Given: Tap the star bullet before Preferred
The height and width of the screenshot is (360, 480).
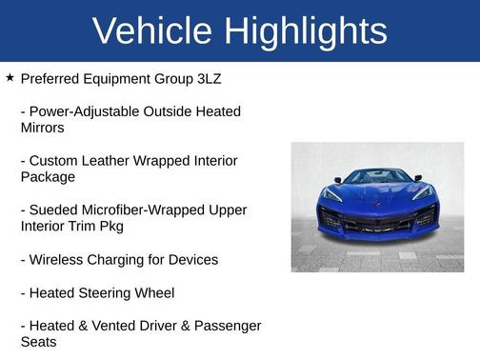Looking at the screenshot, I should pyautogui.click(x=10, y=76).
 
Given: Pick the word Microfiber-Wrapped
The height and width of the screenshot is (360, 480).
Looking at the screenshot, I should pyautogui.click(x=146, y=210).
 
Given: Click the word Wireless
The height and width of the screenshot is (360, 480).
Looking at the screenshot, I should pyautogui.click(x=59, y=259).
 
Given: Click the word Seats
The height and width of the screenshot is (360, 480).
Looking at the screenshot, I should pyautogui.click(x=39, y=341).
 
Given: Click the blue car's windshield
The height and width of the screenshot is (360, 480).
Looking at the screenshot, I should pyautogui.click(x=377, y=176).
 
